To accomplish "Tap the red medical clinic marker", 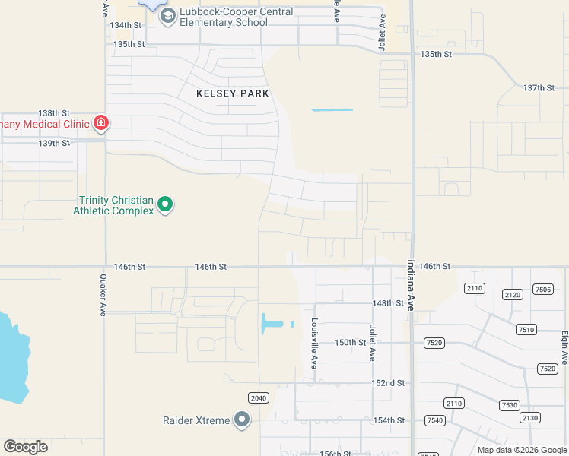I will [100, 123].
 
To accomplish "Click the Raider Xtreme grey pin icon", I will [242, 420].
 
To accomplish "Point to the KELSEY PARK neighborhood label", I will [233, 93].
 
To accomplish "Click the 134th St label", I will [126, 25].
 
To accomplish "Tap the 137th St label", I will [539, 88].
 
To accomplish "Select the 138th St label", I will [54, 112].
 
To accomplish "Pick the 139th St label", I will [54, 143].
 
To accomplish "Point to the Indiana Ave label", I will [411, 286].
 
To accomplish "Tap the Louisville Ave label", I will [314, 344].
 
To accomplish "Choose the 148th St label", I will [388, 302].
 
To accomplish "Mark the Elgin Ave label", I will [564, 347].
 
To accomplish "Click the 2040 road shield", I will [259, 397].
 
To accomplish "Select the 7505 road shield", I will [543, 289].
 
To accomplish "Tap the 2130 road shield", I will [529, 417].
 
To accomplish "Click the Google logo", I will [26, 447].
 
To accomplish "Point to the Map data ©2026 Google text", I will [522, 450].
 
